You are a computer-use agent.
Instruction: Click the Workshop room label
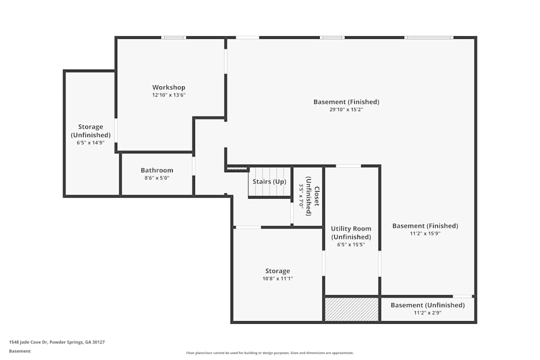[x=168, y=87]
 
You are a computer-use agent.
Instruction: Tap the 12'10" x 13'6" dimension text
[x=168, y=95]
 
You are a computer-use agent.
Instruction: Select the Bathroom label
[x=157, y=171]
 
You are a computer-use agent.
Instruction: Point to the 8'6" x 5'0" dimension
[x=157, y=178]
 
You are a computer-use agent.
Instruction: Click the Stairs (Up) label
[x=269, y=182]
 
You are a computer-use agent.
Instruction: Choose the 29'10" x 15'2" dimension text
[x=347, y=110]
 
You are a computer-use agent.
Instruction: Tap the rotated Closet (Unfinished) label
[x=313, y=196]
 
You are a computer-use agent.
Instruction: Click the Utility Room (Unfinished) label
[x=351, y=233]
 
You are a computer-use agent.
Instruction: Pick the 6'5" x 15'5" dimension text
[x=351, y=244]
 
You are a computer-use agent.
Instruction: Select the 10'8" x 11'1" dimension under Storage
[x=278, y=279]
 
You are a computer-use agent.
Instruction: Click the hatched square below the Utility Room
[x=352, y=309]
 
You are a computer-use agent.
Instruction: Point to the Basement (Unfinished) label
[x=428, y=305]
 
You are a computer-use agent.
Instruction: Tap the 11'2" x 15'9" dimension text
[x=426, y=233]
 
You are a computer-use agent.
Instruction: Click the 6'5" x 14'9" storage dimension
[x=91, y=142]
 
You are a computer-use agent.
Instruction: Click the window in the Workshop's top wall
[x=173, y=38]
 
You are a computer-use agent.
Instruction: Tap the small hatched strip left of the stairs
[x=237, y=168]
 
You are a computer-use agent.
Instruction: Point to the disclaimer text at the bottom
[x=270, y=353]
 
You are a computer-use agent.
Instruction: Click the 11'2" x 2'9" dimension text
[x=428, y=313]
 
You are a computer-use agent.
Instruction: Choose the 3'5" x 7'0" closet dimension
[x=301, y=196]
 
